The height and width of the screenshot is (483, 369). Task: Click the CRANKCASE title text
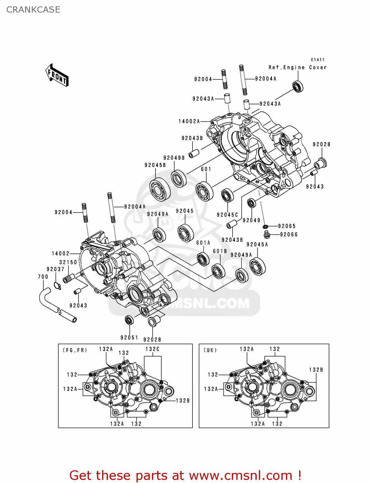pyautogui.click(x=33, y=10)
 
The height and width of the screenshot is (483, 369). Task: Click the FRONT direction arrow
pyautogui.click(x=57, y=75)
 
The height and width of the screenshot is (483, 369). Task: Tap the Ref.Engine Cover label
pyautogui.click(x=297, y=67)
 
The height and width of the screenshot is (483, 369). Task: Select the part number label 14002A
pyautogui.click(x=189, y=121)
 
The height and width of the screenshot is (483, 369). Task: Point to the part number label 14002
pyautogui.click(x=61, y=253)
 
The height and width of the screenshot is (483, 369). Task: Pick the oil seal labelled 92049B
pyautogui.click(x=178, y=179)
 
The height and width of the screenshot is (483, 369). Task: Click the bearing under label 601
pyautogui.click(x=204, y=191)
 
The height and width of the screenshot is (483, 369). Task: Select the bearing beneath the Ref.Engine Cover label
pyautogui.click(x=298, y=87)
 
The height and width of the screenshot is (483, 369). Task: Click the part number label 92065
pyautogui.click(x=287, y=226)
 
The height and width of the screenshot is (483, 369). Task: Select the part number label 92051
pyautogui.click(x=129, y=337)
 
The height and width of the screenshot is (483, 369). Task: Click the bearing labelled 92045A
pyautogui.click(x=258, y=267)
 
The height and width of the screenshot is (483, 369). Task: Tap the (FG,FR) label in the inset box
pyautogui.click(x=75, y=350)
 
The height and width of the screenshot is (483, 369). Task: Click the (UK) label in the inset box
pyautogui.click(x=210, y=350)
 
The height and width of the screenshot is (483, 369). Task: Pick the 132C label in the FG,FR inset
pyautogui.click(x=152, y=349)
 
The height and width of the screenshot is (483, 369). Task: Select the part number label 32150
pyautogui.click(x=68, y=262)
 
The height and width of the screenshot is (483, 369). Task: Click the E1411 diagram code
pyautogui.click(x=317, y=60)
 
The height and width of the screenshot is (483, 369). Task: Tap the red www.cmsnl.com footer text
pyautogui.click(x=240, y=475)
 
